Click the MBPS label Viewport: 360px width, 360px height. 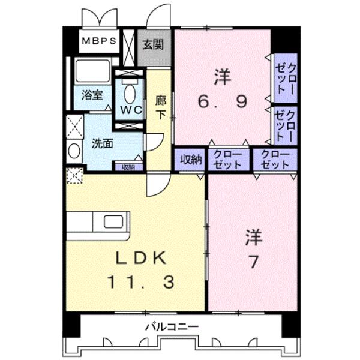point(99,41)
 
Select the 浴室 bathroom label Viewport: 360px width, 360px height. point(92,94)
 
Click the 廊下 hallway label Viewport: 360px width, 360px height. point(160,107)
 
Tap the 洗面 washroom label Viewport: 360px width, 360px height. point(102,143)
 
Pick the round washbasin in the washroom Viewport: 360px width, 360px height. point(74,152)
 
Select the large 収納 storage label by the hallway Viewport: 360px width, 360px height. point(191,160)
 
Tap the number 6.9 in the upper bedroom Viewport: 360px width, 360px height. point(223,101)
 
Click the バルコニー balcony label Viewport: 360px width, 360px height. point(172,327)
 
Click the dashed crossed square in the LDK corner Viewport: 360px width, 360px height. point(74,175)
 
